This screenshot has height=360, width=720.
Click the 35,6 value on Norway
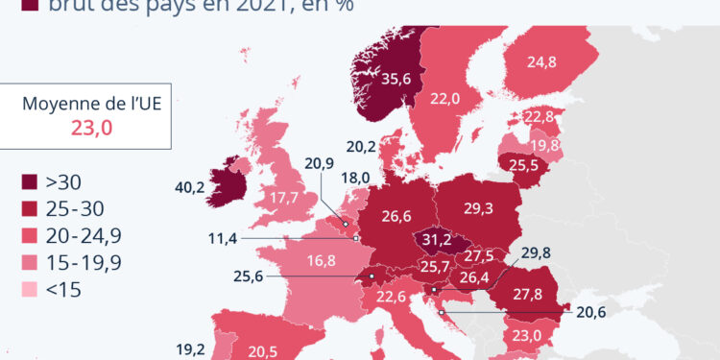tap(396, 81)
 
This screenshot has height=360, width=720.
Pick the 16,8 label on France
tap(321, 260)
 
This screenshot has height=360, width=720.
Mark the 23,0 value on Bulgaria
tap(527, 335)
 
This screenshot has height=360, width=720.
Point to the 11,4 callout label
tap(223, 237)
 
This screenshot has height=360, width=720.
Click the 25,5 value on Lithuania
tap(524, 165)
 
